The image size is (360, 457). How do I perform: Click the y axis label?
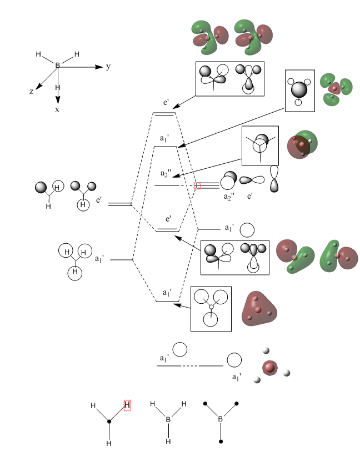(x=108, y=67)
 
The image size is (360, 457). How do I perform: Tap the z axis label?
(x=32, y=91)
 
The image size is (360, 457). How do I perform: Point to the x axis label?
(x=57, y=109)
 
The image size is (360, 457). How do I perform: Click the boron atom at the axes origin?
(x=57, y=66)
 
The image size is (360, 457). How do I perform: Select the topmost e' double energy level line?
(x=164, y=114)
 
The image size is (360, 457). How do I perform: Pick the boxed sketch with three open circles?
(x=211, y=309)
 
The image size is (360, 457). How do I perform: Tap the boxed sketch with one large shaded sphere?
(x=299, y=91)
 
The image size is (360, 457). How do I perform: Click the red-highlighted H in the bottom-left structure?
(x=127, y=405)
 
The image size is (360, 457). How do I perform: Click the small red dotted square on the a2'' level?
(x=197, y=185)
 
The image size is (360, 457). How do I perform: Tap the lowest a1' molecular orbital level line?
(x=166, y=302)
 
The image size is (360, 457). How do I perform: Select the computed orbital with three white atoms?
(x=270, y=366)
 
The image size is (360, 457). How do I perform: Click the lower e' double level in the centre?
(x=167, y=229)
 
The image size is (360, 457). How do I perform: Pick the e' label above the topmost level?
(x=165, y=103)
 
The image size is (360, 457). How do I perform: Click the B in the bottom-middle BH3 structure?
(x=168, y=420)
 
